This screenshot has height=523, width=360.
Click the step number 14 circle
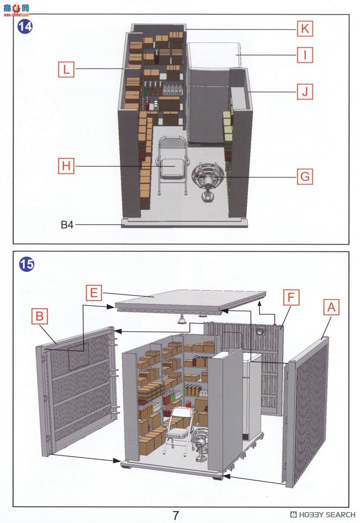point(25,27)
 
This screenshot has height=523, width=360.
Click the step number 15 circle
point(26,265)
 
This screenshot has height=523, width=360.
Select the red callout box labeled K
point(305,29)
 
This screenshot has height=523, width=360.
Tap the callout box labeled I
point(305,55)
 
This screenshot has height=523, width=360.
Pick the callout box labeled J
point(305,92)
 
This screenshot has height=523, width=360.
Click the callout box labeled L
point(66,69)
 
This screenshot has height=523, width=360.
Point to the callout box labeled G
point(305,177)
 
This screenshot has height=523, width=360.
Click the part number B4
point(67,225)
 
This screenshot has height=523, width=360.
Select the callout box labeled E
point(93,293)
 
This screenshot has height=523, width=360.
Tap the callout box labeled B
point(40,316)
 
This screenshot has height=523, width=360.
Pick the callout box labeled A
point(331,308)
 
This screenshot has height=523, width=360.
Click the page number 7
point(175,515)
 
